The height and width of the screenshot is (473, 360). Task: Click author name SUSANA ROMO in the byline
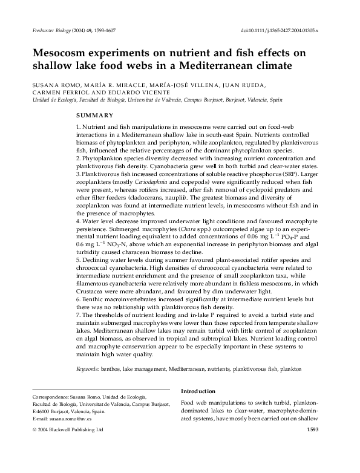click(50, 85)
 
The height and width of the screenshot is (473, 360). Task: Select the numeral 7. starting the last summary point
click(79, 315)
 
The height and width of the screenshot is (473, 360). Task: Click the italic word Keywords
click(88, 368)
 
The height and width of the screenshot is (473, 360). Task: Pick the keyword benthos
click(112, 368)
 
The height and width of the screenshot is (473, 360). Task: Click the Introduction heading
click(198, 391)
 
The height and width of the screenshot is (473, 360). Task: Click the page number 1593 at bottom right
click(313, 430)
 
